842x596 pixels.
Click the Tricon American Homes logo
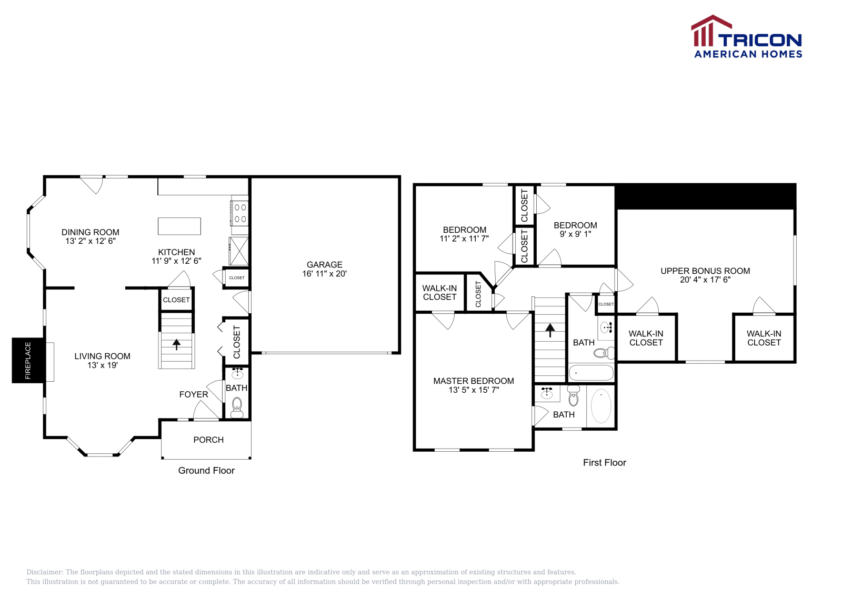click(747, 37)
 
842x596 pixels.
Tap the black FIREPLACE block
click(27, 360)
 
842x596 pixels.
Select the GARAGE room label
click(324, 264)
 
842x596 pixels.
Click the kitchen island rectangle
click(179, 226)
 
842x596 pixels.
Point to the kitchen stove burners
click(240, 213)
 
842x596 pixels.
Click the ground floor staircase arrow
click(177, 344)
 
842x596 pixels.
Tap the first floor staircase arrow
click(550, 330)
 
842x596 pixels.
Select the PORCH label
click(208, 440)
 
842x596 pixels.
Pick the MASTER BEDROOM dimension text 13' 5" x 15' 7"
click(474, 390)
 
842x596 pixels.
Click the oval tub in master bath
click(601, 406)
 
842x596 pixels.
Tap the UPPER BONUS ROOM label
click(705, 271)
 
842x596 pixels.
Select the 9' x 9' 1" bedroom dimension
click(575, 234)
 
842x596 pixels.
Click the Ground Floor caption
click(206, 471)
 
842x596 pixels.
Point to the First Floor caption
click(604, 463)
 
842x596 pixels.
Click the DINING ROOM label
click(91, 232)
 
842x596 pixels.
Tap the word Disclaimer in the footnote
click(44, 572)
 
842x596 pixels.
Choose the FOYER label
click(194, 394)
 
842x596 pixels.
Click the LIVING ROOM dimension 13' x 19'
click(102, 365)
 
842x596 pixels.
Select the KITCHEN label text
click(176, 252)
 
